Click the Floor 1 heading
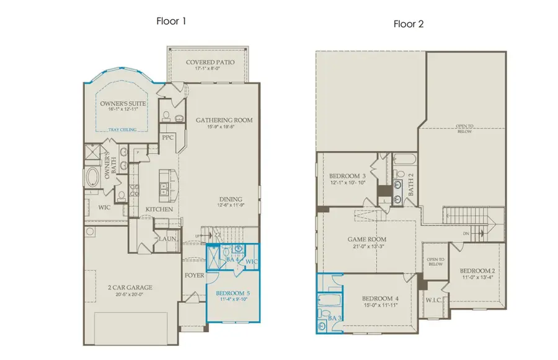click(x=170, y=20)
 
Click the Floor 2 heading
click(x=408, y=24)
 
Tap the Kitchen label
click(x=159, y=210)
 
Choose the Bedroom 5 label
click(x=234, y=293)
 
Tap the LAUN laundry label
click(x=166, y=238)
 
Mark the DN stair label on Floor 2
click(x=466, y=234)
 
